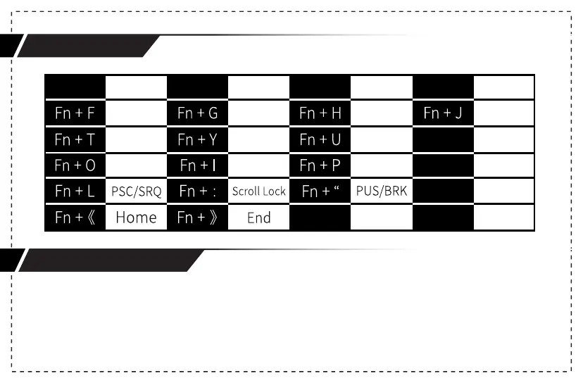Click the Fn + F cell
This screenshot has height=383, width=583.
[x=75, y=113]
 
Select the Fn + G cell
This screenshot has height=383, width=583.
[x=197, y=113]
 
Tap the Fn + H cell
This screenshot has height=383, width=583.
[x=320, y=113]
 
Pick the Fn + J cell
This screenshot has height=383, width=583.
[x=443, y=113]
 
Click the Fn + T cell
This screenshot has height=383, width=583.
[x=75, y=139]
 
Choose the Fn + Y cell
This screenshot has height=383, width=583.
[x=197, y=139]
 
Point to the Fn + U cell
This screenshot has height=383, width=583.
[x=320, y=139]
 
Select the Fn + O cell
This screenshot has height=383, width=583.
[x=75, y=165]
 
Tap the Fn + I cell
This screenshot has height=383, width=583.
[x=197, y=165]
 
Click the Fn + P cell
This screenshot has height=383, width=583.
[x=320, y=165]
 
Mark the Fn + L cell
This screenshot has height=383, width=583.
[x=75, y=191]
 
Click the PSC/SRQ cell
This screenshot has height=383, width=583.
[x=137, y=191]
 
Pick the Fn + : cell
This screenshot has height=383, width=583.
[x=197, y=191]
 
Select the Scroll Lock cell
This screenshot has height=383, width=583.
[x=258, y=191]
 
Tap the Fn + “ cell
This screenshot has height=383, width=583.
[x=320, y=191]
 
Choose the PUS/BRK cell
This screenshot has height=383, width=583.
[x=382, y=191]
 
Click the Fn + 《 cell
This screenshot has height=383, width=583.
[x=75, y=217]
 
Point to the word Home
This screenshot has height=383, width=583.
[x=136, y=218]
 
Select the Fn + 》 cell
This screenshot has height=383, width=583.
[x=197, y=217]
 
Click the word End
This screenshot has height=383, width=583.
[x=258, y=218]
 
